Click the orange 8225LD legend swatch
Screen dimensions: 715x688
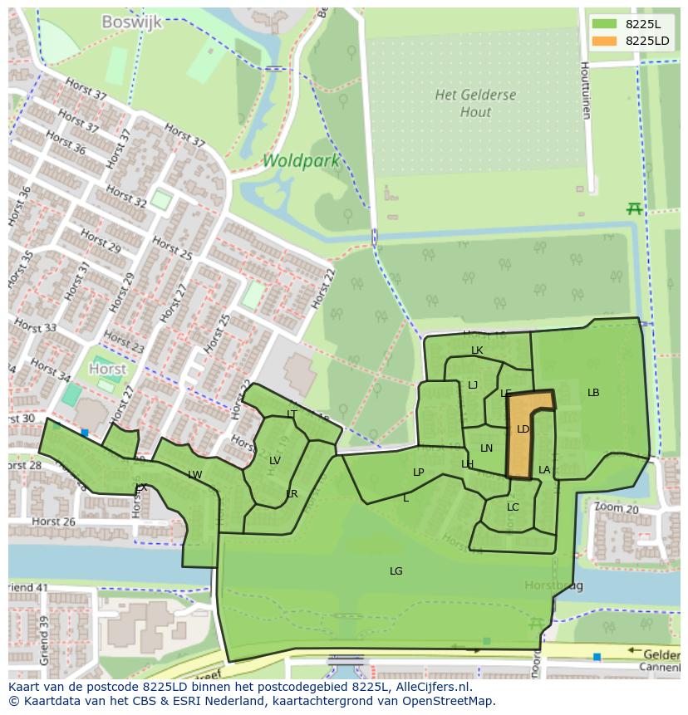pyautogui.click(x=605, y=41)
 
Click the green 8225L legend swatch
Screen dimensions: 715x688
pyautogui.click(x=605, y=23)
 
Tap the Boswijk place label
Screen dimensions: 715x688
pyautogui.click(x=131, y=22)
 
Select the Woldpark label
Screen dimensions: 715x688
pyautogui.click(x=301, y=160)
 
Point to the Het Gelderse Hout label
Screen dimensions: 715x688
pyautogui.click(x=475, y=103)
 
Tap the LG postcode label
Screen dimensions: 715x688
pyautogui.click(x=396, y=571)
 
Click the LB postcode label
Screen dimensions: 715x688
pyautogui.click(x=593, y=393)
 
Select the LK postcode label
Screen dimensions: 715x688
pyautogui.click(x=477, y=350)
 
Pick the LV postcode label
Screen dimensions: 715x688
pyautogui.click(x=275, y=461)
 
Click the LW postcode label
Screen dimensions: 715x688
pyautogui.click(x=195, y=475)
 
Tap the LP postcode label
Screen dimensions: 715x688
pyautogui.click(x=419, y=473)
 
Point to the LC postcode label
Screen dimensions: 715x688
pyautogui.click(x=513, y=507)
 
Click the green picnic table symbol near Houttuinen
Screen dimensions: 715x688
pyautogui.click(x=635, y=208)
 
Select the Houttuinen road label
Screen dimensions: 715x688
pyautogui.click(x=585, y=90)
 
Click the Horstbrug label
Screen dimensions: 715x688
pyautogui.click(x=553, y=586)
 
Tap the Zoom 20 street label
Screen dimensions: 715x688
pyautogui.click(x=616, y=507)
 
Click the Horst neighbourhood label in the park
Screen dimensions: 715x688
pyautogui.click(x=108, y=369)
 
